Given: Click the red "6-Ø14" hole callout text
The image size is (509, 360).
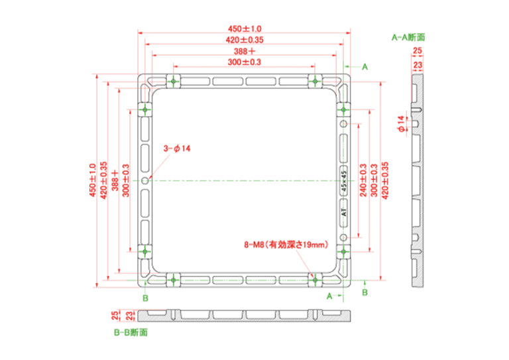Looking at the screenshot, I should (177, 149).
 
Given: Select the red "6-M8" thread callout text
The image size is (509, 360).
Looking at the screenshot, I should (286, 245).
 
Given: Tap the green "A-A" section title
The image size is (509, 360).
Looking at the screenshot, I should (408, 38).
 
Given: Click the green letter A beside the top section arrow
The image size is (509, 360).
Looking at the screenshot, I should (365, 67).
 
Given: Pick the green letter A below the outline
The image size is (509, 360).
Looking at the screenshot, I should (329, 296).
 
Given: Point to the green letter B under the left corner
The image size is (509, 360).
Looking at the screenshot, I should (145, 298).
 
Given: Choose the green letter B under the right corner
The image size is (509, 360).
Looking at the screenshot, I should (365, 292).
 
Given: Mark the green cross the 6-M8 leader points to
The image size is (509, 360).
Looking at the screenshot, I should (315, 280).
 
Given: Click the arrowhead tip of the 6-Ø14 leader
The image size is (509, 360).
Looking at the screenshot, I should (150, 178).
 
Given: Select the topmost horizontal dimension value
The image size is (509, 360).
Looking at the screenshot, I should (245, 29).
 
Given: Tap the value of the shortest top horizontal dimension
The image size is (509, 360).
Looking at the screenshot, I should (245, 62).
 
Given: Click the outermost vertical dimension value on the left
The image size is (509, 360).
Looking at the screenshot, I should (93, 180).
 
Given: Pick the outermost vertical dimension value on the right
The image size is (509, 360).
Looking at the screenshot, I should (385, 180).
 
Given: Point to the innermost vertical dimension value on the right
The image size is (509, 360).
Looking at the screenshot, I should (363, 180).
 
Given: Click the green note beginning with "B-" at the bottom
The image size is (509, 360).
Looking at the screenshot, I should (131, 333).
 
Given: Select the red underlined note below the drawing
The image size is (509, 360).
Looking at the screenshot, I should (124, 316).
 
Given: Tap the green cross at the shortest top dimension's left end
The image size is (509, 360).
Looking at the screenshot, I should (173, 82).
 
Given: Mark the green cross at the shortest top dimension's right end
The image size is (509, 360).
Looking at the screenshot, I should (315, 82).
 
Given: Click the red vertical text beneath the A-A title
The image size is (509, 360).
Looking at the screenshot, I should (417, 60).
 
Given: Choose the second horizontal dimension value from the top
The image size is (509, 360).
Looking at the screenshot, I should (245, 40).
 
